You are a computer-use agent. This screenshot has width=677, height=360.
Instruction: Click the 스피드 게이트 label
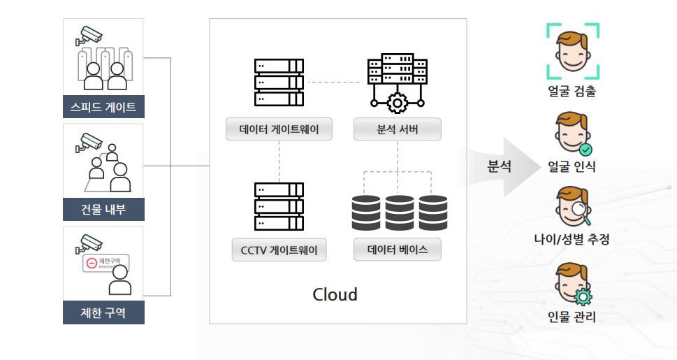[x=103, y=107]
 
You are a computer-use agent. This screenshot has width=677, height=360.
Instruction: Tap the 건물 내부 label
[x=103, y=209]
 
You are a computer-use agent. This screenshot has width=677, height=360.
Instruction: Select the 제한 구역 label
[x=103, y=312]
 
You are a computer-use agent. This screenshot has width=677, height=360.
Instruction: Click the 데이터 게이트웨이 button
[x=279, y=129]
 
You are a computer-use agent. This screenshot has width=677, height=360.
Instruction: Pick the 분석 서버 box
[x=398, y=129]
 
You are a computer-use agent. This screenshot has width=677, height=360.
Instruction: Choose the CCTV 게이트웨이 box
[x=279, y=250]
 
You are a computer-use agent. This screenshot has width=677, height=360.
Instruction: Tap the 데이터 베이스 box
[x=398, y=250]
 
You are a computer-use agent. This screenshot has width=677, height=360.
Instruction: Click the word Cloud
[x=335, y=294]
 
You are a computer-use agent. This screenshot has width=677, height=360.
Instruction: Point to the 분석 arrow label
[x=499, y=166]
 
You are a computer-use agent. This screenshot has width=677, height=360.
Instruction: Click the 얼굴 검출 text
[x=572, y=91]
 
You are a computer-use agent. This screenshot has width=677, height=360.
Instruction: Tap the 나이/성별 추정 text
[x=572, y=240]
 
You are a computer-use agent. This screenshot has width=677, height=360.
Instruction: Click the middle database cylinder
[x=399, y=213]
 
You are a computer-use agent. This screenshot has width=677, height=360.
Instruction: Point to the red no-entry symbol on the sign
[x=91, y=264]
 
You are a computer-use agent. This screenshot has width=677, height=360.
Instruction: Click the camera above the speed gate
[x=89, y=35]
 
